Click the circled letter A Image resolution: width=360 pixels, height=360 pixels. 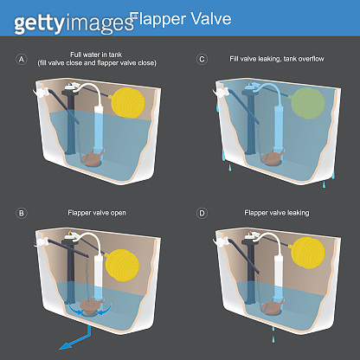pyautogui.click(x=22, y=59)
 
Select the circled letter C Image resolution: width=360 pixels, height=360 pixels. pyautogui.click(x=202, y=59)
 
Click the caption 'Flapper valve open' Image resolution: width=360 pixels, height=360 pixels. pyautogui.click(x=96, y=212)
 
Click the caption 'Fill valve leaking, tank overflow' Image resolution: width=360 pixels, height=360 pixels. pyautogui.click(x=276, y=59)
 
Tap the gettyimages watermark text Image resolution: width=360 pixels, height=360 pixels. pyautogui.click(x=61, y=20)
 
